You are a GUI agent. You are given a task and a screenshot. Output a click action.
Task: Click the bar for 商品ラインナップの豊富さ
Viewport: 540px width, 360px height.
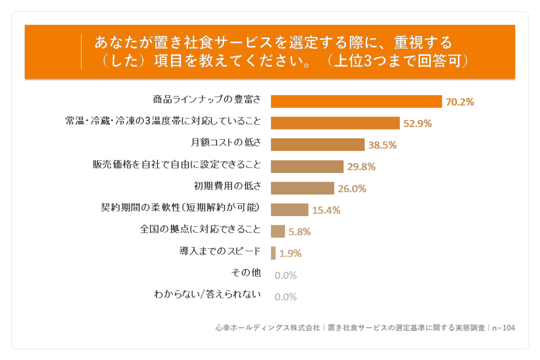tap(356, 101)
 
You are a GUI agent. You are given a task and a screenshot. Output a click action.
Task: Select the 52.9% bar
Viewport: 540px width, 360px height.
tap(335, 123)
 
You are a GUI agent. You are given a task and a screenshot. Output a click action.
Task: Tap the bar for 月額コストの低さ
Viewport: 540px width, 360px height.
tap(317, 144)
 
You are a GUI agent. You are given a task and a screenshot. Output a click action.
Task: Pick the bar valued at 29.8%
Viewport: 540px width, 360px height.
tap(307, 166)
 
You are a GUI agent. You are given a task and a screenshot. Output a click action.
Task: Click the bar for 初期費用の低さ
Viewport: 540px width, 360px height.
tap(302, 188)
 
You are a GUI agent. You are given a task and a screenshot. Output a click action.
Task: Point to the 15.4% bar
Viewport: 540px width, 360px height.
tap(289, 210)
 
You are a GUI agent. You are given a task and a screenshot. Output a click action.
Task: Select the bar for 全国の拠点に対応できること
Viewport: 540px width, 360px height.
tap(278, 231)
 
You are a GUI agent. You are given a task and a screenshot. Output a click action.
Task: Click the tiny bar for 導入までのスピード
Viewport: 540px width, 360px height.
tap(273, 253)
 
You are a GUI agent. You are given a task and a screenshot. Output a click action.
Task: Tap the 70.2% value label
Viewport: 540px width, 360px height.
tap(460, 102)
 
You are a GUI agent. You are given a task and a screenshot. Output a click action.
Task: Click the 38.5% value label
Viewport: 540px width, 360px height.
tap(382, 145)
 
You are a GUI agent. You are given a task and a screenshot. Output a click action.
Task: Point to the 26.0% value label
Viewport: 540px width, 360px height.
tap(352, 188)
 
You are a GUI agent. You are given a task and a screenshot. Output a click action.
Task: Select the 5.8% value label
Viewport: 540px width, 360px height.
tap(299, 232)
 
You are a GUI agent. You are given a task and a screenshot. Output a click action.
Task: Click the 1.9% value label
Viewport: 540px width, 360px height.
tap(290, 253)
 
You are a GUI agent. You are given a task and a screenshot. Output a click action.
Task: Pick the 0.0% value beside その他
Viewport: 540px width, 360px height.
tap(285, 275)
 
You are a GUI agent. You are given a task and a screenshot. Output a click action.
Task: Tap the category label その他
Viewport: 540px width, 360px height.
tap(246, 272)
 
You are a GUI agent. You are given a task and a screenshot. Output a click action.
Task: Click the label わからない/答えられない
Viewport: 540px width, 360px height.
tap(207, 294)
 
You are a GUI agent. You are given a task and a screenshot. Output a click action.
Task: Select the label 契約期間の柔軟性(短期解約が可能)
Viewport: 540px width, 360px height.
tap(180, 207)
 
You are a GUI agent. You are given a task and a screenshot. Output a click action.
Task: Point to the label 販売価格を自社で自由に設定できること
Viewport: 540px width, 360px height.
tap(176, 164)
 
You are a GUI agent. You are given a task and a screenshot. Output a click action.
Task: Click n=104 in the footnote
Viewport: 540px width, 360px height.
tap(503, 328)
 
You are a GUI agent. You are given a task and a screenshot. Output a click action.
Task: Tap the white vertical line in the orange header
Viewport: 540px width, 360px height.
tap(81, 52)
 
